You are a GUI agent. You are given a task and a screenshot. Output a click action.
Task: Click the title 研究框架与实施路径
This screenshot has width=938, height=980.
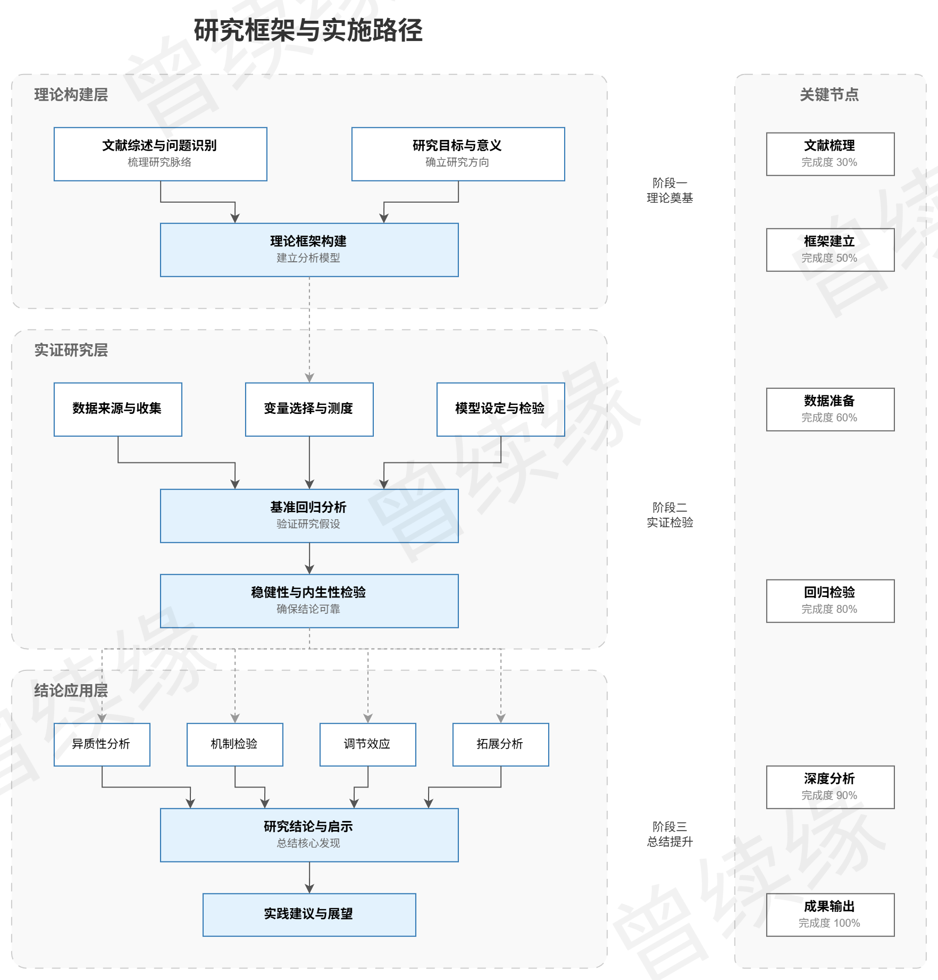point(308,30)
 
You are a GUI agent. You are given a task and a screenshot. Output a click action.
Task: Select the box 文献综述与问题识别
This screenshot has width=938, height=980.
point(160,154)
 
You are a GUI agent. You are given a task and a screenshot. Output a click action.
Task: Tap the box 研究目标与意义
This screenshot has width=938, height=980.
point(458,154)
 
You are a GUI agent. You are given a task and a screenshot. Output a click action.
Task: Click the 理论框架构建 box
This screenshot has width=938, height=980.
point(309,250)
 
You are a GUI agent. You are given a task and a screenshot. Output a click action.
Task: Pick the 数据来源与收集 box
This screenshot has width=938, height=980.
point(118,409)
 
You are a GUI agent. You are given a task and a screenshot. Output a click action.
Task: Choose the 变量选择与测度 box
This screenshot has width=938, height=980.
point(309,409)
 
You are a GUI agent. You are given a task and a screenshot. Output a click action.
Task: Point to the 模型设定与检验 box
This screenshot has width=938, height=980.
point(500,409)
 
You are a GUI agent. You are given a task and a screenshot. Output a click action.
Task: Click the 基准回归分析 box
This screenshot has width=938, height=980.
point(309,516)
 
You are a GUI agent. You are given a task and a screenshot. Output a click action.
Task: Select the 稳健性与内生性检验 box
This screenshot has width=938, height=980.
point(309,601)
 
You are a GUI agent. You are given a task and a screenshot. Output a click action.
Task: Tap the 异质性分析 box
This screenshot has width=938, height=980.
point(102,744)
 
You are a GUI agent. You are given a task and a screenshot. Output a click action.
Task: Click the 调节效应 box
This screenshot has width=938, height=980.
point(367,744)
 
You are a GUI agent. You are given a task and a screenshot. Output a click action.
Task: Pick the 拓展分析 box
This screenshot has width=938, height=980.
point(500,744)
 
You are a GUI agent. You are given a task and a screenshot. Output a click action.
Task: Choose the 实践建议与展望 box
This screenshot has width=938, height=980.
point(309,915)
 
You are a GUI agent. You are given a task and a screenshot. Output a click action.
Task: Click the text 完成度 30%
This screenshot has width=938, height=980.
point(829,162)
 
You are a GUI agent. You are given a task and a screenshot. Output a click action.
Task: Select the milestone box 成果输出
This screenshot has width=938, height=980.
point(830,915)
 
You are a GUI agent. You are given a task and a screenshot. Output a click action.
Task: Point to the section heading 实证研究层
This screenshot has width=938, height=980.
point(71,350)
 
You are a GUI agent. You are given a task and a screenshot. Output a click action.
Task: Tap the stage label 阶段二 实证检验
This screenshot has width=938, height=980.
point(669,515)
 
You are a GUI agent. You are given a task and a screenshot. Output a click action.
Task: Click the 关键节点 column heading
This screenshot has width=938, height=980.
point(829,95)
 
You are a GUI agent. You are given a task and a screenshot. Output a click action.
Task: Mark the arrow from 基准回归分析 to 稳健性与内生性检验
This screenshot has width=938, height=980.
point(309,559)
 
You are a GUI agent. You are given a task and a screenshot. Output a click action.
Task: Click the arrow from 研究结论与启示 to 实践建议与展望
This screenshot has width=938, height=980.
point(309,878)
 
